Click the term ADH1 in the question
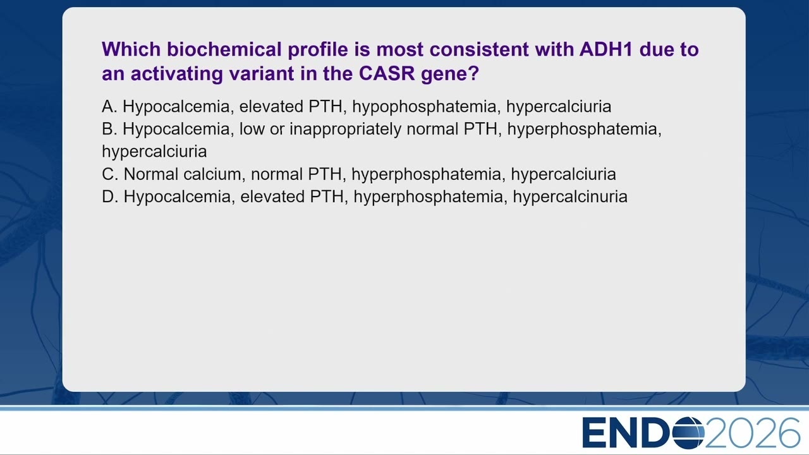pyautogui.click(x=606, y=49)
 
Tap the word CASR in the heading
pyautogui.click(x=387, y=73)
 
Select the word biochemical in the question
pyautogui.click(x=224, y=49)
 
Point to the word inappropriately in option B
pyautogui.click(x=345, y=130)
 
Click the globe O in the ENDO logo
pyautogui.click(x=688, y=432)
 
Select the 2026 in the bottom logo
pyautogui.click(x=752, y=432)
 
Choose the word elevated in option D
pyautogui.click(x=274, y=197)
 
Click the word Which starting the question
pyautogui.click(x=131, y=49)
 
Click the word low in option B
pyautogui.click(x=252, y=129)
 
